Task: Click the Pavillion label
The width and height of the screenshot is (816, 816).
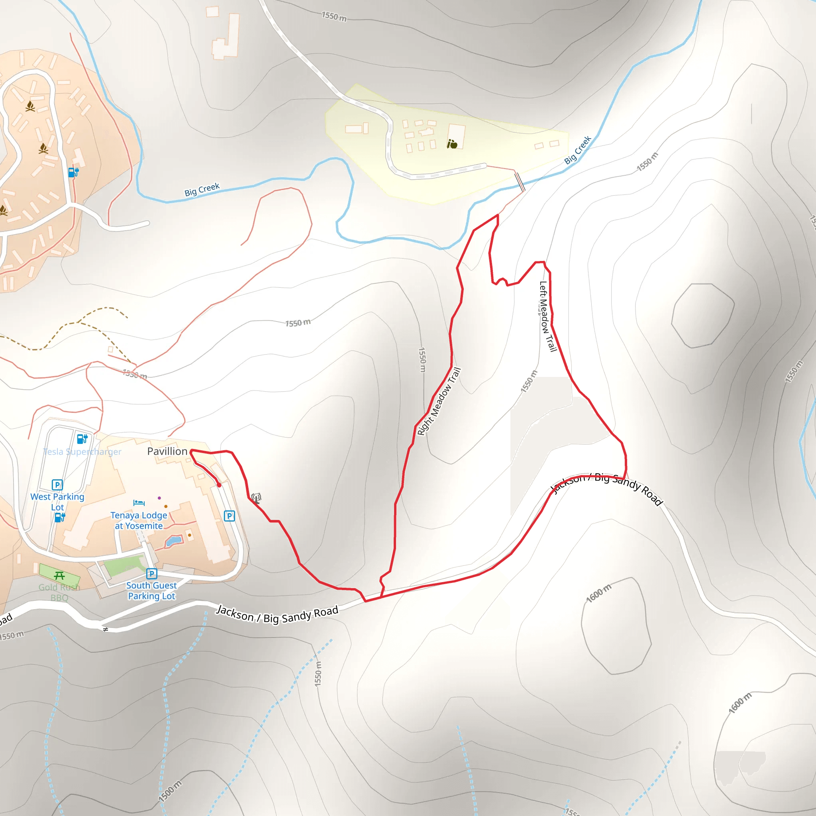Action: tap(167, 451)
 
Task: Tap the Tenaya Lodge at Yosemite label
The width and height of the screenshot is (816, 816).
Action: tap(139, 520)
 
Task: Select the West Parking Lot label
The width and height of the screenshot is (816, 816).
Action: tap(57, 502)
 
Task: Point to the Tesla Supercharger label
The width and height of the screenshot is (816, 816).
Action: tap(82, 451)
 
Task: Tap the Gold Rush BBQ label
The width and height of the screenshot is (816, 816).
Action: tap(59, 592)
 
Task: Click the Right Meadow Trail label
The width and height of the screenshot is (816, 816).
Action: tap(439, 401)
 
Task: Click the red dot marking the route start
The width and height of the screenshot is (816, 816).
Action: tap(219, 485)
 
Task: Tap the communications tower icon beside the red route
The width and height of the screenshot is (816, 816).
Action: tap(256, 498)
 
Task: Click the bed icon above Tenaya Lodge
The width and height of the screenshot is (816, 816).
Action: tap(139, 502)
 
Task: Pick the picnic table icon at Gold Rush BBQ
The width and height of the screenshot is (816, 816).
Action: tap(59, 575)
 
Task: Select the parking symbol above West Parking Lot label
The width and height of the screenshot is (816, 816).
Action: tap(57, 484)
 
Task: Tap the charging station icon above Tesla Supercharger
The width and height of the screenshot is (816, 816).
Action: tap(82, 438)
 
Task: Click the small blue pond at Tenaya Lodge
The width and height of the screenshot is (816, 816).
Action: tap(174, 541)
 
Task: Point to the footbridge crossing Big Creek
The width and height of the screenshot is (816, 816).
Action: tap(520, 182)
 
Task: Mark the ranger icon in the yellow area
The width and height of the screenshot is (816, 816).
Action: tap(452, 145)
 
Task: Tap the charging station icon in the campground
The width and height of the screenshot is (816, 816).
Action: tap(73, 172)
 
